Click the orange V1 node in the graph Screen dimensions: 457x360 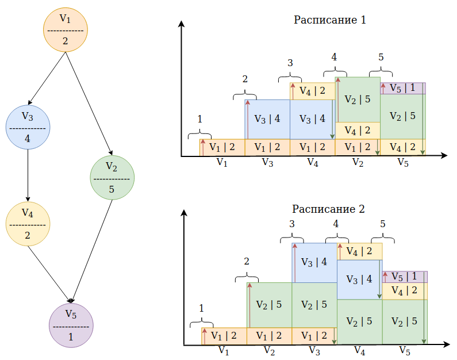click(x=66, y=30)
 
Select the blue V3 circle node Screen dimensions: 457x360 click(x=28, y=127)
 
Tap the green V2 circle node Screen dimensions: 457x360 click(x=112, y=178)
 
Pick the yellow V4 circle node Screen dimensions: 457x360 click(x=28, y=224)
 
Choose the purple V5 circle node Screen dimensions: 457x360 click(x=71, y=325)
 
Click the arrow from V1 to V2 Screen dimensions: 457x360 click(x=89, y=104)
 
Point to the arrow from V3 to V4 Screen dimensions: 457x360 click(x=28, y=175)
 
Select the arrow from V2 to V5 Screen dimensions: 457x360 click(x=92, y=251)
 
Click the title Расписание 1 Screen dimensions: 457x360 click(x=329, y=20)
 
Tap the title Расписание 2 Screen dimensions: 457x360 click(x=328, y=209)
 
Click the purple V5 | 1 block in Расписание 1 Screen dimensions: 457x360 click(x=403, y=89)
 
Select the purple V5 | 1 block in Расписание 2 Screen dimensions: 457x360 click(x=405, y=277)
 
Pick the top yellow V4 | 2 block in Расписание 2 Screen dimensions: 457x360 click(x=360, y=251)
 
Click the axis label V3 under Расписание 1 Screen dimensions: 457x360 click(x=267, y=162)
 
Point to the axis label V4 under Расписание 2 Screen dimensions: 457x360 click(x=359, y=351)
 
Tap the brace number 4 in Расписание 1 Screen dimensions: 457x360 click(x=334, y=57)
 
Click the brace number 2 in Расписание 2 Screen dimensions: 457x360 click(x=247, y=262)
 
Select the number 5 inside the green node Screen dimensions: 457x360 click(x=112, y=189)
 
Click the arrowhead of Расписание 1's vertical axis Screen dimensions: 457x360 click(x=182, y=24)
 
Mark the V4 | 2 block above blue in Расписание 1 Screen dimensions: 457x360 click(x=313, y=91)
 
